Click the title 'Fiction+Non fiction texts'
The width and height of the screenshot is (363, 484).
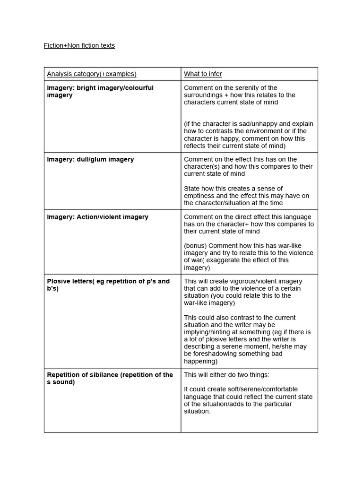[x=79, y=45]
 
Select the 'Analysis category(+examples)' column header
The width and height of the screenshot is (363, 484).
[x=91, y=74]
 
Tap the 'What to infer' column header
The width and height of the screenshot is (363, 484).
[x=203, y=74]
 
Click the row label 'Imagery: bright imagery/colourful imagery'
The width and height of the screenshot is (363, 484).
[x=100, y=91]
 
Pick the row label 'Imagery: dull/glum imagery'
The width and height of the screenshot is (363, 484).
[x=90, y=159]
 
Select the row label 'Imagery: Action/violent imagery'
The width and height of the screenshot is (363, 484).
[x=97, y=217]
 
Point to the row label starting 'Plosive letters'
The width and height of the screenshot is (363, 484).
[x=108, y=285]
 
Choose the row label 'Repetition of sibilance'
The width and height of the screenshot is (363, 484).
[x=110, y=378]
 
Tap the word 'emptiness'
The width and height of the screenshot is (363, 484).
[x=199, y=196]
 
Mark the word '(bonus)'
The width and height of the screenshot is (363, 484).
[x=195, y=246]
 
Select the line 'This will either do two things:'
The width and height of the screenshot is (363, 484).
[x=226, y=375]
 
